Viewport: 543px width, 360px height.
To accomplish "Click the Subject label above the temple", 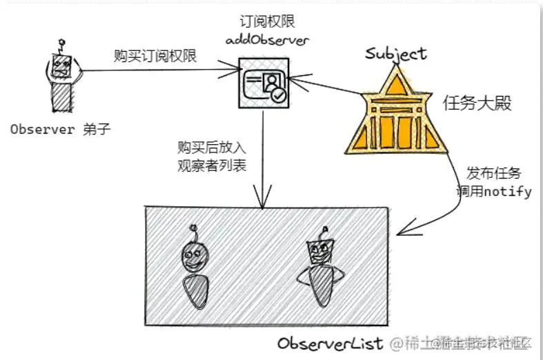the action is pyautogui.click(x=395, y=53).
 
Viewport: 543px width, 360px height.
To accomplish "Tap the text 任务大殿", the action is pyautogui.click(x=477, y=104).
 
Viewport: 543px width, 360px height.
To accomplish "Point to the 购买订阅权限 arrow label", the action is pyautogui.click(x=155, y=57).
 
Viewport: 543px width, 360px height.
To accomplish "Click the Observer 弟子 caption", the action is pyautogui.click(x=61, y=129).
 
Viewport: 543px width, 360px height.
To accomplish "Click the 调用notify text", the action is pyautogui.click(x=493, y=191).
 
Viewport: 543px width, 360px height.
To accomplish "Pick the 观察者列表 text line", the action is pyautogui.click(x=212, y=166).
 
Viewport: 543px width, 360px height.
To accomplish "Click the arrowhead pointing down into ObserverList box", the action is pyautogui.click(x=264, y=201).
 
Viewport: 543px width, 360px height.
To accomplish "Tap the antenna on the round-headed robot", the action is pyautogui.click(x=196, y=232).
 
